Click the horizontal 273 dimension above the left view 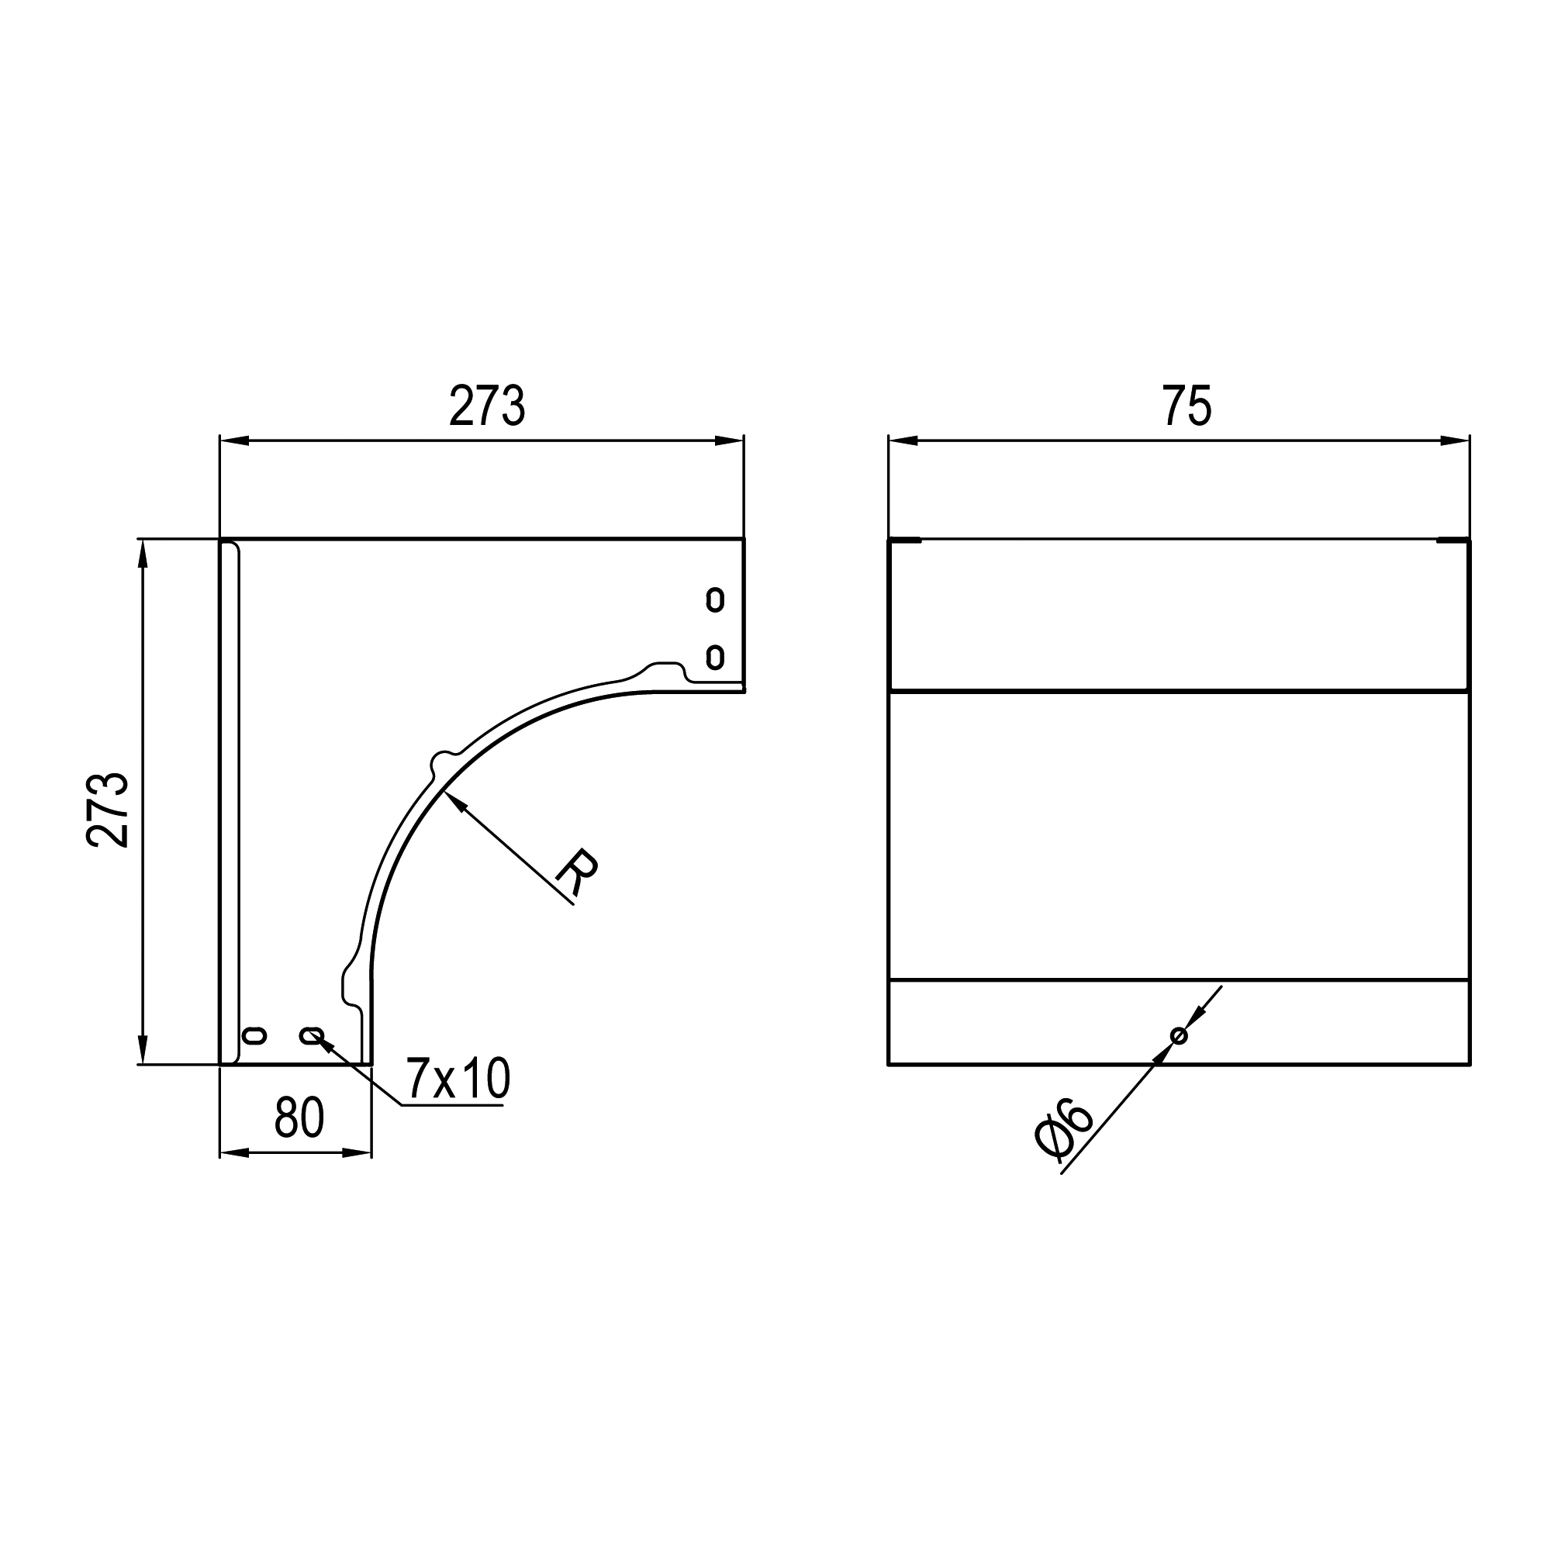(x=486, y=406)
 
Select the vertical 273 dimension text (x=108, y=810)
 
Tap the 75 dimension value (x=1187, y=406)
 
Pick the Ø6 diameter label (x=1065, y=1131)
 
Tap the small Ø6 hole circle (x=1179, y=1035)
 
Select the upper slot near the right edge (x=714, y=599)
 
